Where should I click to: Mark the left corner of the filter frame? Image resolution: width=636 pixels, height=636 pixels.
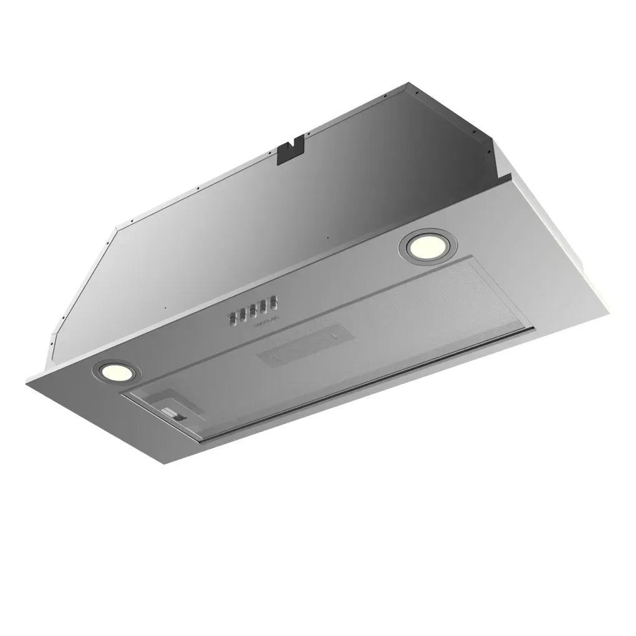(x=125, y=394)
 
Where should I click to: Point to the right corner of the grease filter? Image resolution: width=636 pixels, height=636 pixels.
(x=534, y=329)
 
